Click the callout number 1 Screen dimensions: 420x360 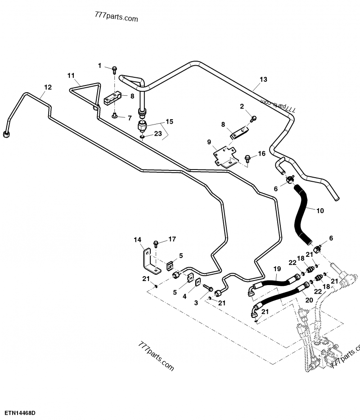(x=100, y=66)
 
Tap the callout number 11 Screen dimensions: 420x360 (x=71, y=75)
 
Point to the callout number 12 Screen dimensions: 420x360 (x=48, y=87)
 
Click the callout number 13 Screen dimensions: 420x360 (x=263, y=80)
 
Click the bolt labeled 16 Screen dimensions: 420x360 (x=247, y=158)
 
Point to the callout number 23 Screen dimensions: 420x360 (x=158, y=134)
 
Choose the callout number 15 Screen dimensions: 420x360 (x=169, y=122)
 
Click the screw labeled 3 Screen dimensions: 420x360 (x=207, y=286)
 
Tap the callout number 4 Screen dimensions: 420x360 (x=183, y=296)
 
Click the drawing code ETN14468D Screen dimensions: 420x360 (x=21, y=412)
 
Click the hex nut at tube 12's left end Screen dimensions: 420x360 (x=6, y=134)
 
